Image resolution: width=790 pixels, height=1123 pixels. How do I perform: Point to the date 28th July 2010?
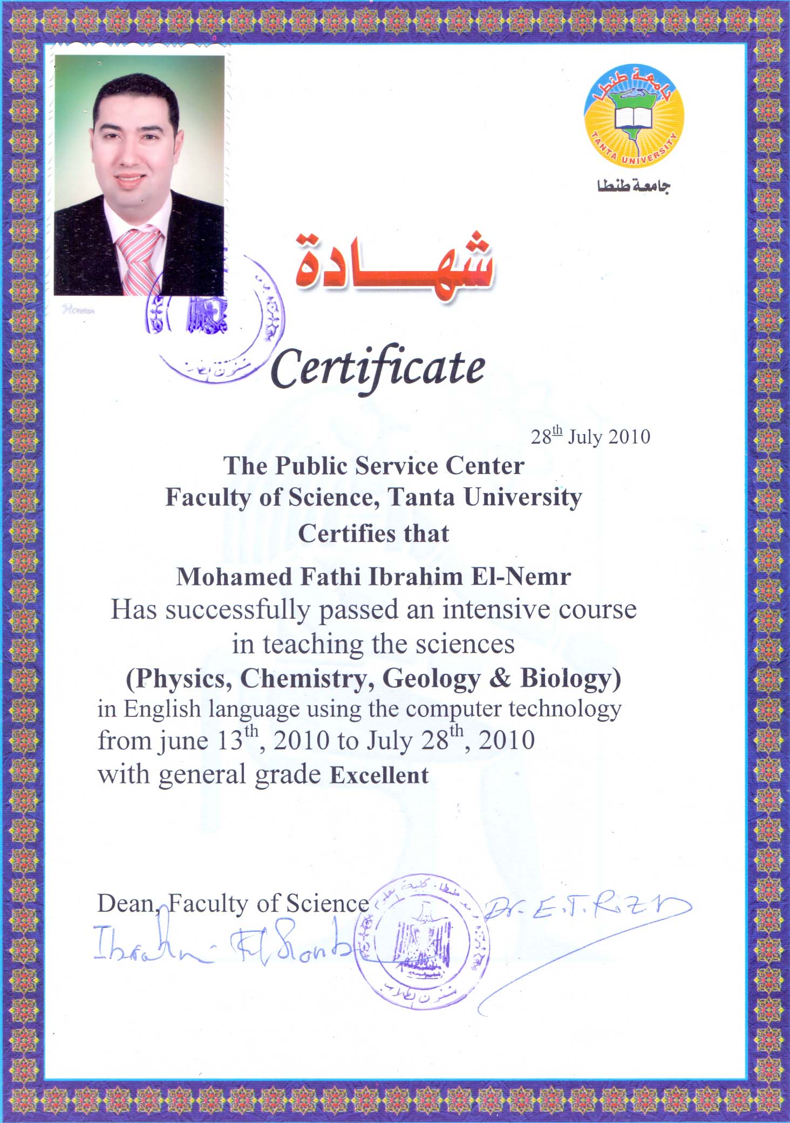(x=590, y=436)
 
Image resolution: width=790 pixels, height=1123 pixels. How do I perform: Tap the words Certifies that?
(x=373, y=534)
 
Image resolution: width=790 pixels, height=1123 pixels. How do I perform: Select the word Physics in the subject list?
(x=179, y=679)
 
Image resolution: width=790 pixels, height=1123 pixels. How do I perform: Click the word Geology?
(x=431, y=679)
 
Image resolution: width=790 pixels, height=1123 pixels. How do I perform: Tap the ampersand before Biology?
(x=500, y=679)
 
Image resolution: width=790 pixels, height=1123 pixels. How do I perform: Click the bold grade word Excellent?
(x=379, y=775)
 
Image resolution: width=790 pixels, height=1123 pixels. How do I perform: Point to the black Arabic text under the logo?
(x=634, y=186)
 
